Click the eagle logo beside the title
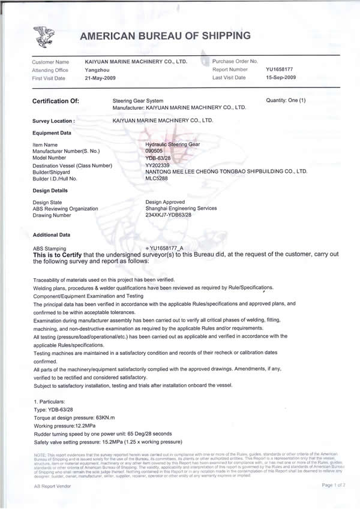(44, 37)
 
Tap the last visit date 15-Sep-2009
(282, 78)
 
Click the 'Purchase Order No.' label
(235, 61)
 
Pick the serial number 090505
(155, 151)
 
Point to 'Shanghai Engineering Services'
(181, 208)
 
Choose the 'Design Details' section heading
(51, 190)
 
